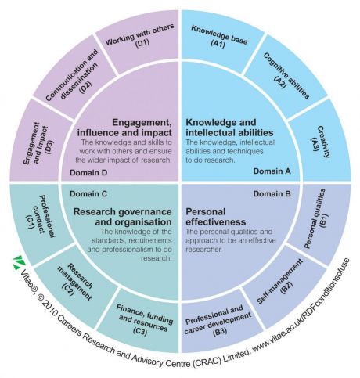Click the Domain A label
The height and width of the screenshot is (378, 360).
click(272, 171)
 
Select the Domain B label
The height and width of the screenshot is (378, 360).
click(272, 194)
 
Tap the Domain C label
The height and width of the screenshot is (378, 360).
click(88, 194)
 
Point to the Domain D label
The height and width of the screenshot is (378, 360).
click(88, 172)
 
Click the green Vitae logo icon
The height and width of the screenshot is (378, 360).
click(19, 262)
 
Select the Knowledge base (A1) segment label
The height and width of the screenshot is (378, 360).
click(219, 37)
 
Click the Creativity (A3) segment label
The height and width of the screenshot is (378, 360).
click(320, 142)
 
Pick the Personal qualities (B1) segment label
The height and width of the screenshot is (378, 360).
click(315, 218)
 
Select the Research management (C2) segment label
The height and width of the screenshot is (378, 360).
click(75, 282)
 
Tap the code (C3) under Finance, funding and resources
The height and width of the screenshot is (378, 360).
click(140, 331)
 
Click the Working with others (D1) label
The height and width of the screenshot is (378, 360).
click(140, 36)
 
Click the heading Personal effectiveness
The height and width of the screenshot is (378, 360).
click(216, 217)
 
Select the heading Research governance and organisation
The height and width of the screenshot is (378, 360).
click(123, 217)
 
